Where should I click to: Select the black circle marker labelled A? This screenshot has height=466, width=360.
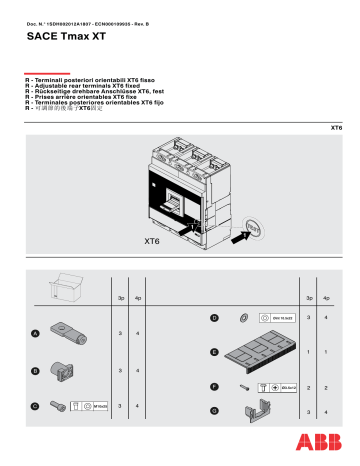point(35,332)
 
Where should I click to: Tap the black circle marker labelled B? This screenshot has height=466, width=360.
point(35,371)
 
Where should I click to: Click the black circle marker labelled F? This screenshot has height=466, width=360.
point(214,385)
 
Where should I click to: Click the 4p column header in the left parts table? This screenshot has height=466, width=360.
point(138,297)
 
